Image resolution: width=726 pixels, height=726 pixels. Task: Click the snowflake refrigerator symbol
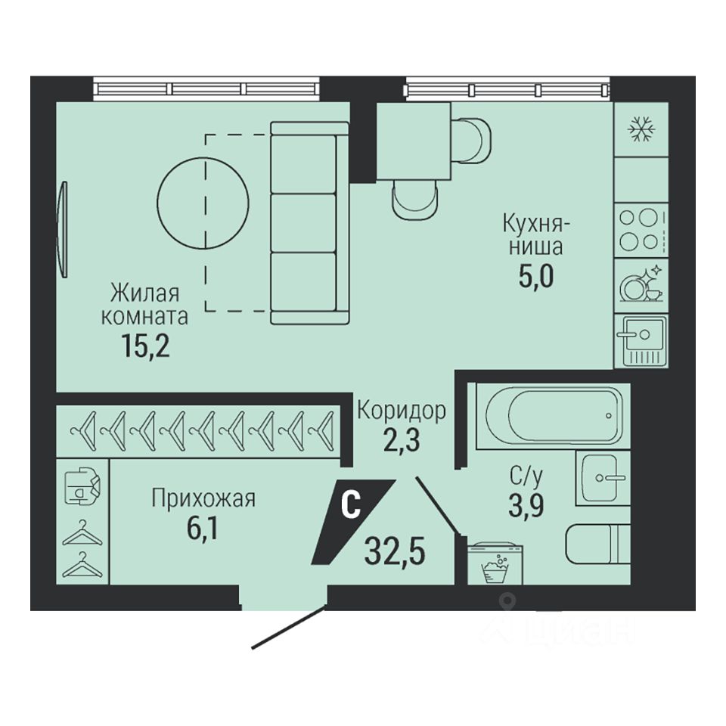641,129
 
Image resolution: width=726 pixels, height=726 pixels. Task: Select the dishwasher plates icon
642,283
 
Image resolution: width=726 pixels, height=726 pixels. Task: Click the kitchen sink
641,340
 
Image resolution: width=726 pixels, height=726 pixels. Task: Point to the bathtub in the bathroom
554,415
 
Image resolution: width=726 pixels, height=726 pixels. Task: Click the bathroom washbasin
603,478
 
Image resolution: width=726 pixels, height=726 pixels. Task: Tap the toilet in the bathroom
598,544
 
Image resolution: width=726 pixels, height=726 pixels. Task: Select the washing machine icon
495,564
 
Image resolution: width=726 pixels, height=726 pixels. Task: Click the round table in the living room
203,203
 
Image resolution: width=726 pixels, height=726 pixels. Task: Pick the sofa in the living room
309,222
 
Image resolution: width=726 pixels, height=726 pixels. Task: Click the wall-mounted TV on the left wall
63,229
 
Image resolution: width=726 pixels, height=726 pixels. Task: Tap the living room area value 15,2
145,346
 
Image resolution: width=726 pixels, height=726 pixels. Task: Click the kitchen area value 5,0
536,277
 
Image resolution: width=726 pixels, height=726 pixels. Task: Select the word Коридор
402,410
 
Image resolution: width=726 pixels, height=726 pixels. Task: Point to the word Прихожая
203,498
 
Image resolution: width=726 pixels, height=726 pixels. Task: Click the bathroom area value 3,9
526,505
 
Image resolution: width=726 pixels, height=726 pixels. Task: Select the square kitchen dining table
414,141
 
